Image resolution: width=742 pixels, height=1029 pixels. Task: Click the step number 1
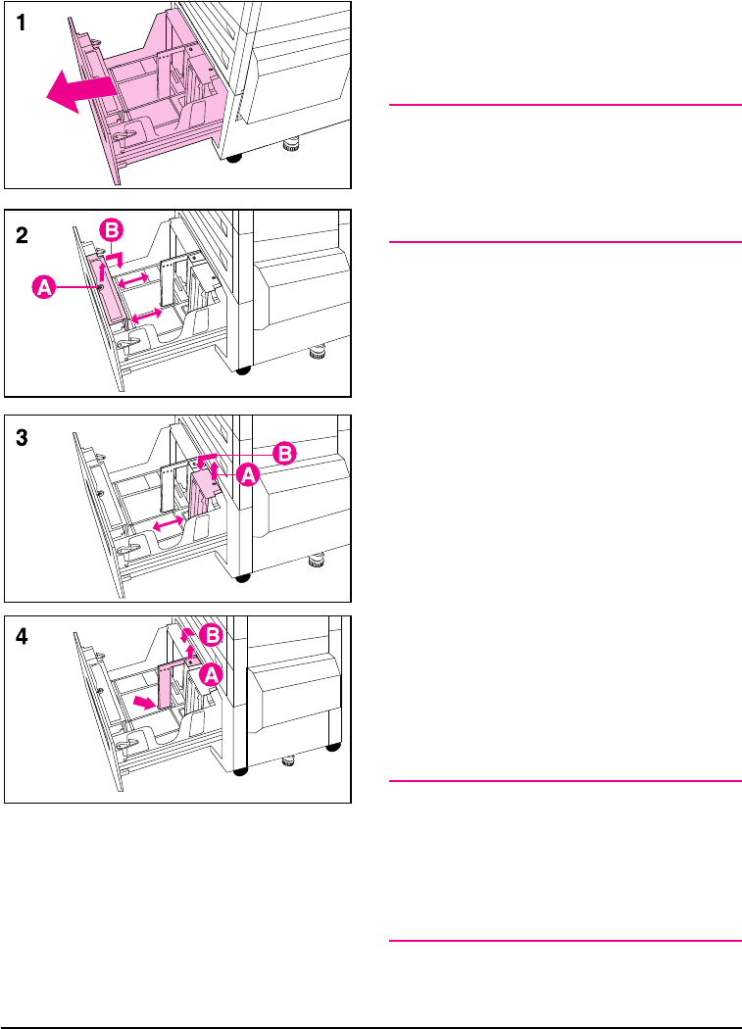21,23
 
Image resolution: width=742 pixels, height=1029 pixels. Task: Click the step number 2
22,235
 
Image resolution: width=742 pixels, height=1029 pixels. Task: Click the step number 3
22,438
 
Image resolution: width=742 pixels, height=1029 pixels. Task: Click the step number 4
22,636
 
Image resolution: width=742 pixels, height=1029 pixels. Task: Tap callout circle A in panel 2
44,287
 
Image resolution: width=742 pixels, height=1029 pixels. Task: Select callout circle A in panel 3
248,475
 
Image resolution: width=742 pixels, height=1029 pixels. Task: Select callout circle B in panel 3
284,454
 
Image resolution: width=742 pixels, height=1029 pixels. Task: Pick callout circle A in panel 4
211,674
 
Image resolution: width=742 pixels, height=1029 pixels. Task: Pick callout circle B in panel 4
212,635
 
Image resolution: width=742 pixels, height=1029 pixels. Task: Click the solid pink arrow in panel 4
144,703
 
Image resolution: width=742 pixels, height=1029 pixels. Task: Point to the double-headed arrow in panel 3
168,524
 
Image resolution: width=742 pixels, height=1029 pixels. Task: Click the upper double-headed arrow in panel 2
133,280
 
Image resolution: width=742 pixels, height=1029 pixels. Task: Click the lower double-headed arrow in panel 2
146,315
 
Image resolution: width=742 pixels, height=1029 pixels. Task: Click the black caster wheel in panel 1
233,158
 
